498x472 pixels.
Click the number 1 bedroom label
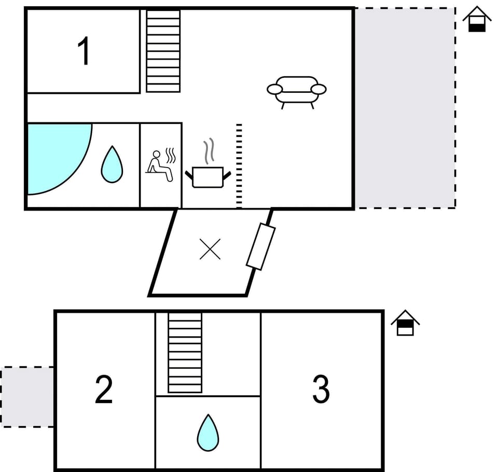coord(84,51)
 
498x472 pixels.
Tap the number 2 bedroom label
coord(104,390)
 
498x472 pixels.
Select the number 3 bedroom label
coord(321,389)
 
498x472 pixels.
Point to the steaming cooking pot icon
coord(208,176)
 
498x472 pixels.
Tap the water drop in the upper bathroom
coord(112,164)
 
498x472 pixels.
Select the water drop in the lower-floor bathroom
coord(208,433)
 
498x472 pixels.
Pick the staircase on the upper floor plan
coord(163,51)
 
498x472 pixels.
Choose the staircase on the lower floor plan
coord(185,353)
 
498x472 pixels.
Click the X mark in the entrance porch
coord(210,249)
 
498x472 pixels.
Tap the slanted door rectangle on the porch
coord(260,247)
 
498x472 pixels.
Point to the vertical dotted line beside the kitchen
coord(239,165)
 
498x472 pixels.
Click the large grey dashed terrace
coord(405,108)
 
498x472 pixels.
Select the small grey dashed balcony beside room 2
coord(27,397)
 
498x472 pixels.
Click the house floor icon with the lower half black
coord(477,20)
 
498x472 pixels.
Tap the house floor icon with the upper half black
coord(405,323)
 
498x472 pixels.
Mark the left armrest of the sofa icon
coord(274,89)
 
